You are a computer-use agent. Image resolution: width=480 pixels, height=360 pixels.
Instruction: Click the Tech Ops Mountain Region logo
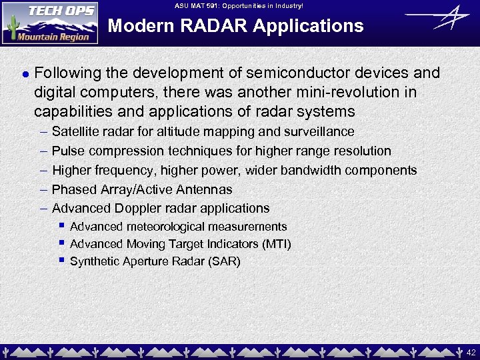pyautogui.click(x=50, y=23)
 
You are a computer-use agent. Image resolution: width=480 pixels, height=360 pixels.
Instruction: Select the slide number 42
pyautogui.click(x=470, y=351)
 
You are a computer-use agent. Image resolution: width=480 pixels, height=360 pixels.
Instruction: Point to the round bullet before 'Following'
pyautogui.click(x=23, y=73)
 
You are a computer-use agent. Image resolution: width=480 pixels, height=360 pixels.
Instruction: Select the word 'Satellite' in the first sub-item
pyautogui.click(x=75, y=132)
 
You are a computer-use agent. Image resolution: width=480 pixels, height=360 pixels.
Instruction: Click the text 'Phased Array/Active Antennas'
pyautogui.click(x=142, y=190)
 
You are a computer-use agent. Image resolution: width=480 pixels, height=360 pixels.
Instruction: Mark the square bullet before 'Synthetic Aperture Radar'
pyautogui.click(x=61, y=260)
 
